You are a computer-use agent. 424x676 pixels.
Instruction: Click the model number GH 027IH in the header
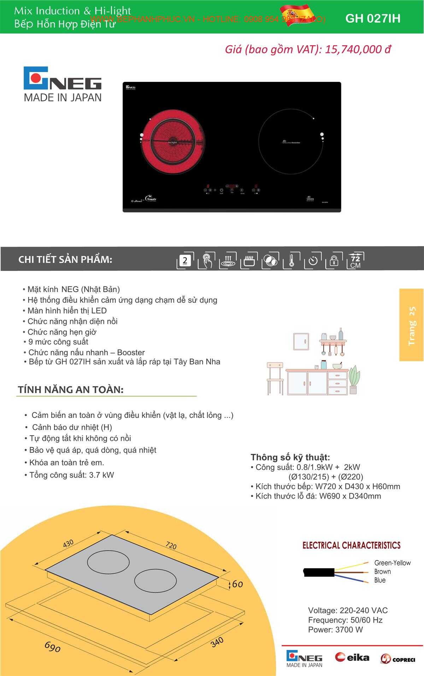pyautogui.click(x=373, y=18)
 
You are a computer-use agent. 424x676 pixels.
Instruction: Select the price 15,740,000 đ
pyautogui.click(x=358, y=49)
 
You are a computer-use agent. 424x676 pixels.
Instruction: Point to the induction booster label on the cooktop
pyautogui.click(x=291, y=142)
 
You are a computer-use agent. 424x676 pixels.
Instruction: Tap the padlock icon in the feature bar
pyautogui.click(x=334, y=261)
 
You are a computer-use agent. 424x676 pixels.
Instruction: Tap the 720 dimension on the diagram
pyautogui.click(x=171, y=546)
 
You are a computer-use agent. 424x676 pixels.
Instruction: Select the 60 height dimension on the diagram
pyautogui.click(x=237, y=585)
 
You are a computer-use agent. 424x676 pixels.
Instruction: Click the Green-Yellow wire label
pyautogui.click(x=392, y=563)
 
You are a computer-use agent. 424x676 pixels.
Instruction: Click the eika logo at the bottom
pyautogui.click(x=352, y=657)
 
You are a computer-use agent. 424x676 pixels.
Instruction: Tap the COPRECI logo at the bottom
pyautogui.click(x=397, y=659)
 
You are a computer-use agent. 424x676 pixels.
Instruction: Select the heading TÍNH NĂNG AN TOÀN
pyautogui.click(x=71, y=390)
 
